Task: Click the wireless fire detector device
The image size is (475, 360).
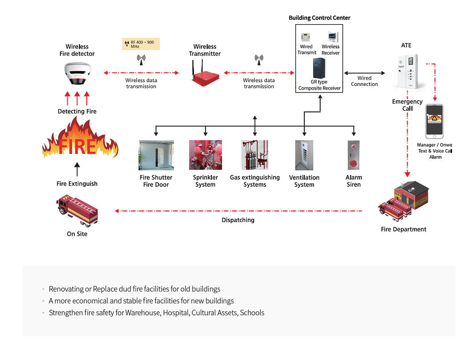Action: (77, 73)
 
